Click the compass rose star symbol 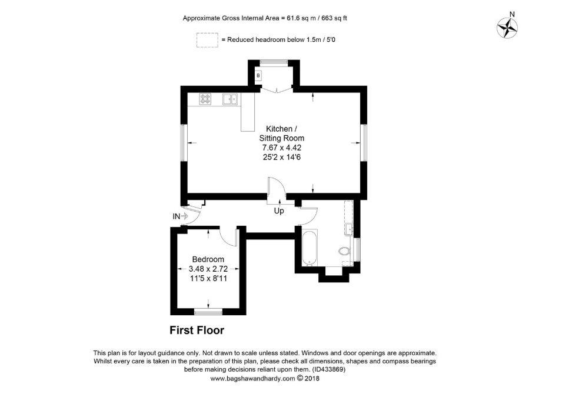[x=508, y=28]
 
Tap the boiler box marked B [x=258, y=76]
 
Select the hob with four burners [x=206, y=99]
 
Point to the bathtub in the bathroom [x=308, y=248]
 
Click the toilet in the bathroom [x=344, y=251]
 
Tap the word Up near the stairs [x=279, y=211]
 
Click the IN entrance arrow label [x=180, y=216]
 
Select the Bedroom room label [x=208, y=259]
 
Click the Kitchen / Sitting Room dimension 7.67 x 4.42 [x=282, y=148]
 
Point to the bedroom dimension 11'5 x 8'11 [x=208, y=278]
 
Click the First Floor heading [x=197, y=330]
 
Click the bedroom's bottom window [x=208, y=313]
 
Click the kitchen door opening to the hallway [x=277, y=186]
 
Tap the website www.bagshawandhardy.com [x=252, y=378]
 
